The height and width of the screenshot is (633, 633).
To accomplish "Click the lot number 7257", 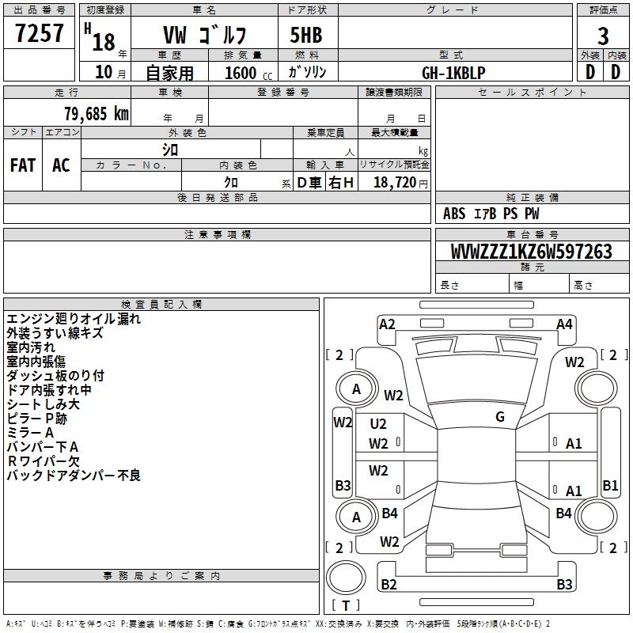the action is click(x=40, y=34).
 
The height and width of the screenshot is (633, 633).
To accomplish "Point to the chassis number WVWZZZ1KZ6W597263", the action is click(x=531, y=252).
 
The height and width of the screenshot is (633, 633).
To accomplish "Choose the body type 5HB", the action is click(x=306, y=36).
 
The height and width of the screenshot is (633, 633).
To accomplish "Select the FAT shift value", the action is click(x=23, y=165).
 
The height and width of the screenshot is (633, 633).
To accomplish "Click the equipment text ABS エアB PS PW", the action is click(x=491, y=214).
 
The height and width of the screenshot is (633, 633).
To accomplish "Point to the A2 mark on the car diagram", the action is click(x=387, y=324).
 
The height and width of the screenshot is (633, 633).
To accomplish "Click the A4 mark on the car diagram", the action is click(x=564, y=324).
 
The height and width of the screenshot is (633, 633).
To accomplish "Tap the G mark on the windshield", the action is click(x=499, y=417).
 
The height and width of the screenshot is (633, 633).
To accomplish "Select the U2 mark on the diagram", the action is click(x=378, y=424).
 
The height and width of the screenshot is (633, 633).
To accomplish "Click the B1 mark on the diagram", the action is click(x=610, y=485).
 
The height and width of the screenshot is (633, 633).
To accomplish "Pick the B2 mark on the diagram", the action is click(x=389, y=584).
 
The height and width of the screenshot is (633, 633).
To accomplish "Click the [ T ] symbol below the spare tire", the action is click(x=347, y=605).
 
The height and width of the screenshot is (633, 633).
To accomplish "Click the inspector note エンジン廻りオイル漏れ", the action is click(x=74, y=319).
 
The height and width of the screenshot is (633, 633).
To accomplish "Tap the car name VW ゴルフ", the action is click(x=205, y=36).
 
